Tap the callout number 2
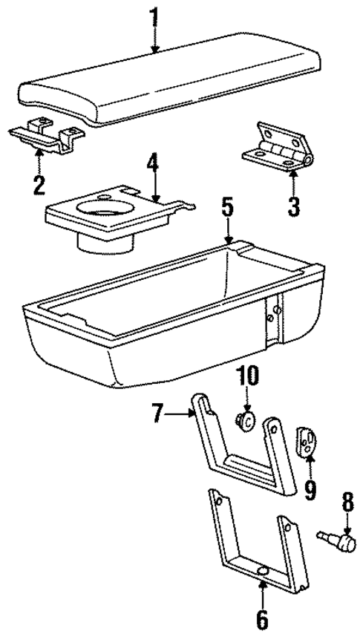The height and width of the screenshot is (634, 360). point(39,182)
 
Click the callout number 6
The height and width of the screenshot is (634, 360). point(264,618)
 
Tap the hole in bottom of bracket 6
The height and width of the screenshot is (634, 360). point(264,570)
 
